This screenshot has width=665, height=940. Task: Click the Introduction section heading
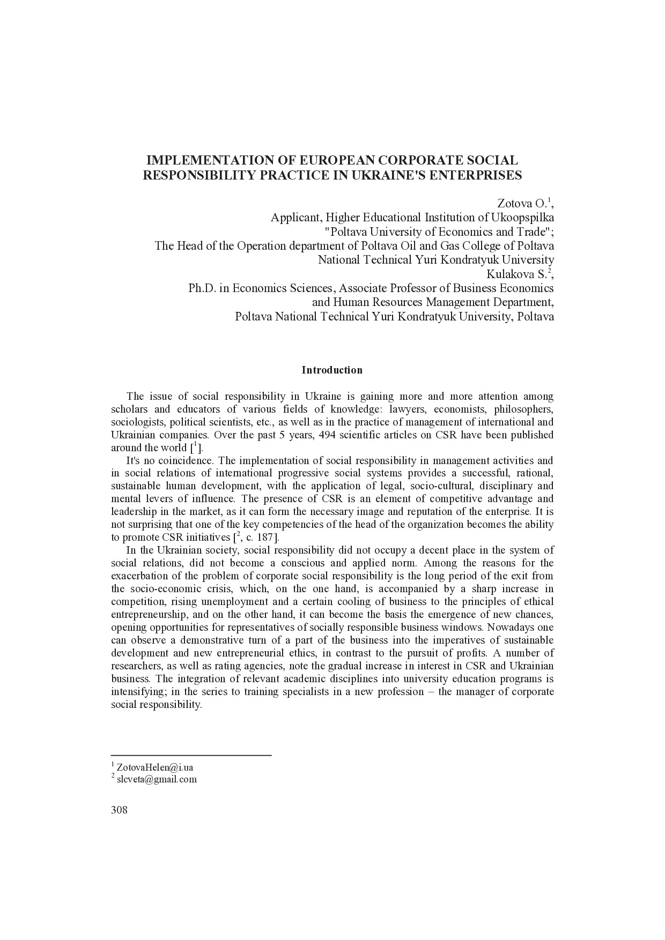coord(332,370)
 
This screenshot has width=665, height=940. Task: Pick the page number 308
coord(119,810)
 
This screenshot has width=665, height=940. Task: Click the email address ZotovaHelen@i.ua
coord(154,767)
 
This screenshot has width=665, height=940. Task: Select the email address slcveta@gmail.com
coord(157,779)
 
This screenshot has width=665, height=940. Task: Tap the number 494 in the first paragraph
coord(327,435)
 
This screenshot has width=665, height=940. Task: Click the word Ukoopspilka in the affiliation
coord(524,218)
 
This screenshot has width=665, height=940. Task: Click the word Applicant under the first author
coord(293,218)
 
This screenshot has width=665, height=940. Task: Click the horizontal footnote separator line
coord(191,756)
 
